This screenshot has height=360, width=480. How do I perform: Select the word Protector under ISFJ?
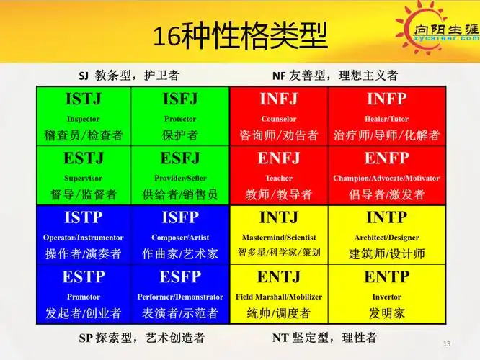[180, 119]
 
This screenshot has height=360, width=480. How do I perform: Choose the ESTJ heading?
[84, 158]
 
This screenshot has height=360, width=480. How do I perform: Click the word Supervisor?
[84, 178]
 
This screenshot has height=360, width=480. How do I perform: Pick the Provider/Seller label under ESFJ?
[180, 178]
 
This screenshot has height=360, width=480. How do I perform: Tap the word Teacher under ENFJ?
[278, 178]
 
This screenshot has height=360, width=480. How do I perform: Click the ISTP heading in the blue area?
[84, 217]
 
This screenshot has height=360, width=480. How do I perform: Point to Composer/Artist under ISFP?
[180, 237]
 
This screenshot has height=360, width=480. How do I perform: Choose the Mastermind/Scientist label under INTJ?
[278, 237]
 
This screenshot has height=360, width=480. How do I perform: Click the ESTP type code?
[84, 276]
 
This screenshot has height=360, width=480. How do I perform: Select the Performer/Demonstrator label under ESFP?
[180, 296]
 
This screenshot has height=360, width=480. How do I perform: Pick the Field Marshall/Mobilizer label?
[278, 296]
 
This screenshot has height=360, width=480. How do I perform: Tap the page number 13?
[447, 343]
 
